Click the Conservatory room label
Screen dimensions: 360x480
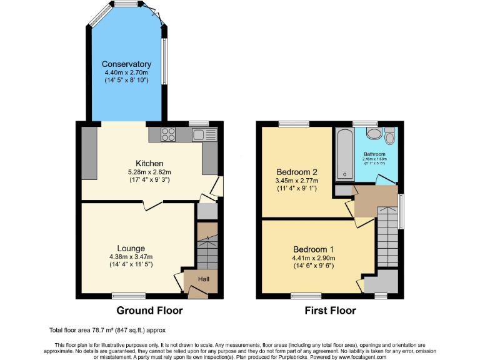click(x=127, y=64)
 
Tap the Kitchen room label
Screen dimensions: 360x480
click(x=149, y=164)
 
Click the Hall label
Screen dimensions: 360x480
click(x=204, y=279)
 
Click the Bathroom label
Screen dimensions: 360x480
click(x=374, y=154)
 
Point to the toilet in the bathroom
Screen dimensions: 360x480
click(x=374, y=134)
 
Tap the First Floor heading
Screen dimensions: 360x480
click(x=330, y=311)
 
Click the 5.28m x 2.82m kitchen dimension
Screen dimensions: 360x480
click(x=149, y=172)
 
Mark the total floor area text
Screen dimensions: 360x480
click(x=107, y=329)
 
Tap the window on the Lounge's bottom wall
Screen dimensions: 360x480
click(x=124, y=296)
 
